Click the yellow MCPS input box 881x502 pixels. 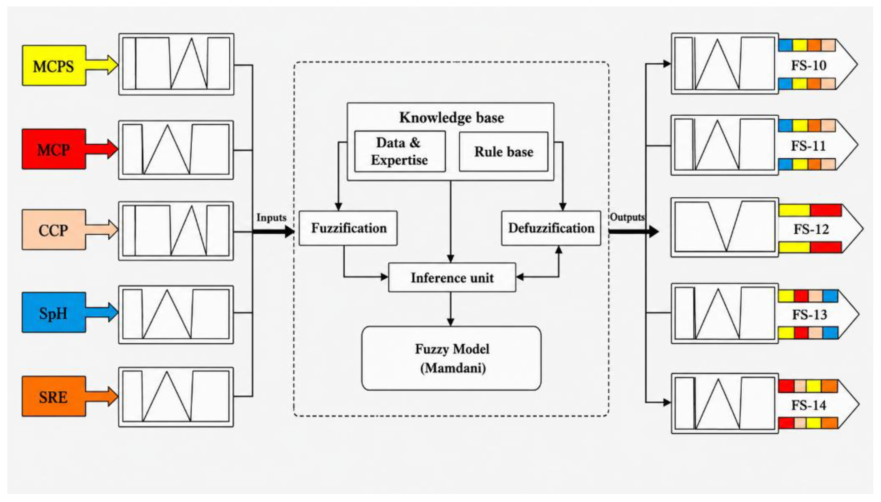pyautogui.click(x=54, y=65)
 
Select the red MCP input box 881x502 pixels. pyautogui.click(x=54, y=149)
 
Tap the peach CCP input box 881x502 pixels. pyautogui.click(x=54, y=230)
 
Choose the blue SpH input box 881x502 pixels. pyautogui.click(x=54, y=313)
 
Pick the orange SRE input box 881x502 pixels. pyautogui.click(x=54, y=396)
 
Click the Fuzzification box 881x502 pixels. pyautogui.click(x=348, y=228)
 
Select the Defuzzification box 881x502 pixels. pyautogui.click(x=551, y=228)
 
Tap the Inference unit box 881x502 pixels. pyautogui.click(x=452, y=277)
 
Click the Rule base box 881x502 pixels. pyautogui.click(x=503, y=152)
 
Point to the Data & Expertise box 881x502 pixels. pyautogui.click(x=400, y=151)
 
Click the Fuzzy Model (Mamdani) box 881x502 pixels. pyautogui.click(x=451, y=358)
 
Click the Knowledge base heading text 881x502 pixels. pyautogui.click(x=452, y=118)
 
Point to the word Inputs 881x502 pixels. pyautogui.click(x=271, y=217)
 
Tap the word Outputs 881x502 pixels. pyautogui.click(x=627, y=217)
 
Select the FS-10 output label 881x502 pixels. pyautogui.click(x=809, y=65)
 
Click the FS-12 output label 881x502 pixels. pyautogui.click(x=811, y=229)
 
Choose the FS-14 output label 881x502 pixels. pyautogui.click(x=809, y=405)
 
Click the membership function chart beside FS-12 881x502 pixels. pyautogui.click(x=725, y=227)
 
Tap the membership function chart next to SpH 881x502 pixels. pyautogui.click(x=176, y=314)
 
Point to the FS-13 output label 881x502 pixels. pyautogui.click(x=810, y=314)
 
